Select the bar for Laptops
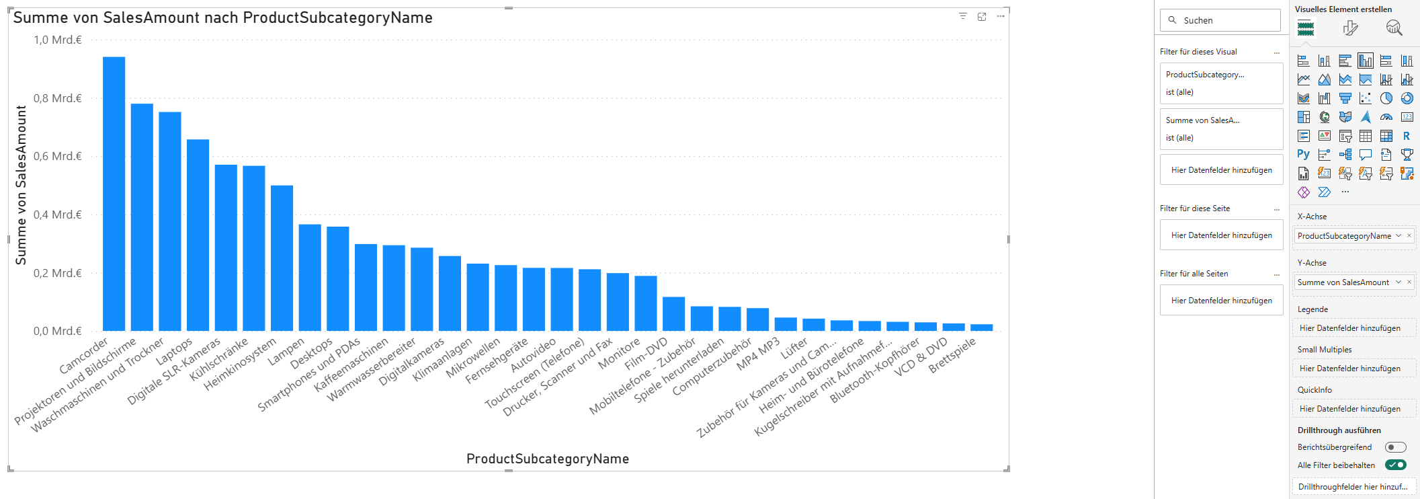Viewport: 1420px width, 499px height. pos(198,235)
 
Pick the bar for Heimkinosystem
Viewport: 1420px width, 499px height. pos(282,258)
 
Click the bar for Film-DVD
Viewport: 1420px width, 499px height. pos(673,314)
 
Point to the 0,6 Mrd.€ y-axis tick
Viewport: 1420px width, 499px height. pos(58,157)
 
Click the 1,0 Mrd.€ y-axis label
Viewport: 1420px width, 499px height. pos(58,40)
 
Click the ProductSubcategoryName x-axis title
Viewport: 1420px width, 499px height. pos(548,459)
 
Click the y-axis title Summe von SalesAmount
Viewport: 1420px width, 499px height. pos(22,185)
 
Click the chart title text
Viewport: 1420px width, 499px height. pos(222,18)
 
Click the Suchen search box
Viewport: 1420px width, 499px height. pos(1220,20)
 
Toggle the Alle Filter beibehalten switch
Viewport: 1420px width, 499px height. pos(1396,465)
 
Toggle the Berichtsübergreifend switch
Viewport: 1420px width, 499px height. pos(1395,447)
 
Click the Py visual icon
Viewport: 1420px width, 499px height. pos(1304,155)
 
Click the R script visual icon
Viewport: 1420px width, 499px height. pos(1407,136)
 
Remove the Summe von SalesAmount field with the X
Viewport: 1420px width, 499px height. pos(1409,282)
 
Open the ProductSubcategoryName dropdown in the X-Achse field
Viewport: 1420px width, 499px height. pos(1398,235)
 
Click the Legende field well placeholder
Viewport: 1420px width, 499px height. pos(1350,328)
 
